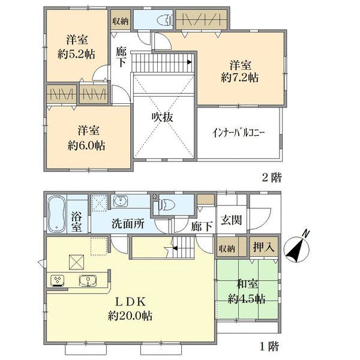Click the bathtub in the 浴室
point(57,214)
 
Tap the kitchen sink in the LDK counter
point(88,281)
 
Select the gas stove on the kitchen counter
point(57,281)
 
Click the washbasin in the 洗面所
point(120,201)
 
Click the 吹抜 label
point(163,118)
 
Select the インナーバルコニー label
point(239,133)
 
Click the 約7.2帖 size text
point(239,78)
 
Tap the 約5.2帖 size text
point(76,55)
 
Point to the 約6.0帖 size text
point(86,146)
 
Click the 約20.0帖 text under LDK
point(130,316)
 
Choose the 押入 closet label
point(264,247)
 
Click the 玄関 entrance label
point(232,220)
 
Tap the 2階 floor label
point(272,178)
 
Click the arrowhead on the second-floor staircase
point(190,62)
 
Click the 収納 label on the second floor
point(121,22)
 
